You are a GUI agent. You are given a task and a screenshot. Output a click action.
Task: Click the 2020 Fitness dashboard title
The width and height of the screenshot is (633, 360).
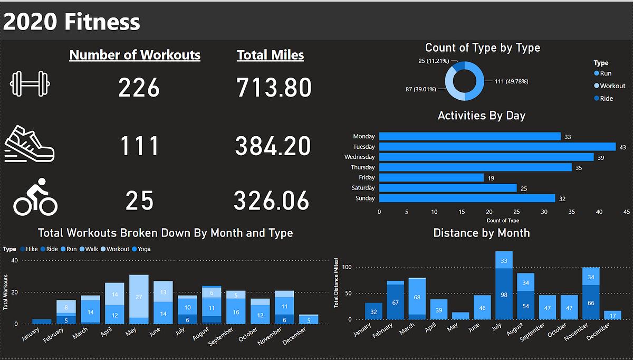point(72,22)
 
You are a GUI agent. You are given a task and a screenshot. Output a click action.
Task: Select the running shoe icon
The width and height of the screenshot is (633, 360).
point(30,143)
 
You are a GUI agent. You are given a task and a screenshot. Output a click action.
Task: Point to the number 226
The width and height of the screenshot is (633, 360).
point(139,88)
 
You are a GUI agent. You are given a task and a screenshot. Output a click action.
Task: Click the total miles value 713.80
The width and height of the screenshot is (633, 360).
point(274,88)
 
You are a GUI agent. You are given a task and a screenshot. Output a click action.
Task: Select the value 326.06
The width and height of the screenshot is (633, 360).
point(271,201)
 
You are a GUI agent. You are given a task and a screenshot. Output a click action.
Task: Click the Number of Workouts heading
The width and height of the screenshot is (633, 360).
point(135,55)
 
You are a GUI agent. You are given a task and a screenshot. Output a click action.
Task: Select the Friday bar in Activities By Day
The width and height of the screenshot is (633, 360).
point(431,178)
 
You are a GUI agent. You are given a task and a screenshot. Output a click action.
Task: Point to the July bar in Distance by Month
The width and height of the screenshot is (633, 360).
point(504,285)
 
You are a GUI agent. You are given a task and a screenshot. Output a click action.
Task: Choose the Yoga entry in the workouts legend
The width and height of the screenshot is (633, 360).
point(144,249)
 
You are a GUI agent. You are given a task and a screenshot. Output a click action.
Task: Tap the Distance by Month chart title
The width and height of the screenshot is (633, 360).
point(481,233)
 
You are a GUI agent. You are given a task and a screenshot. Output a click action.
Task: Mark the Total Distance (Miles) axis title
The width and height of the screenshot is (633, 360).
point(336,283)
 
